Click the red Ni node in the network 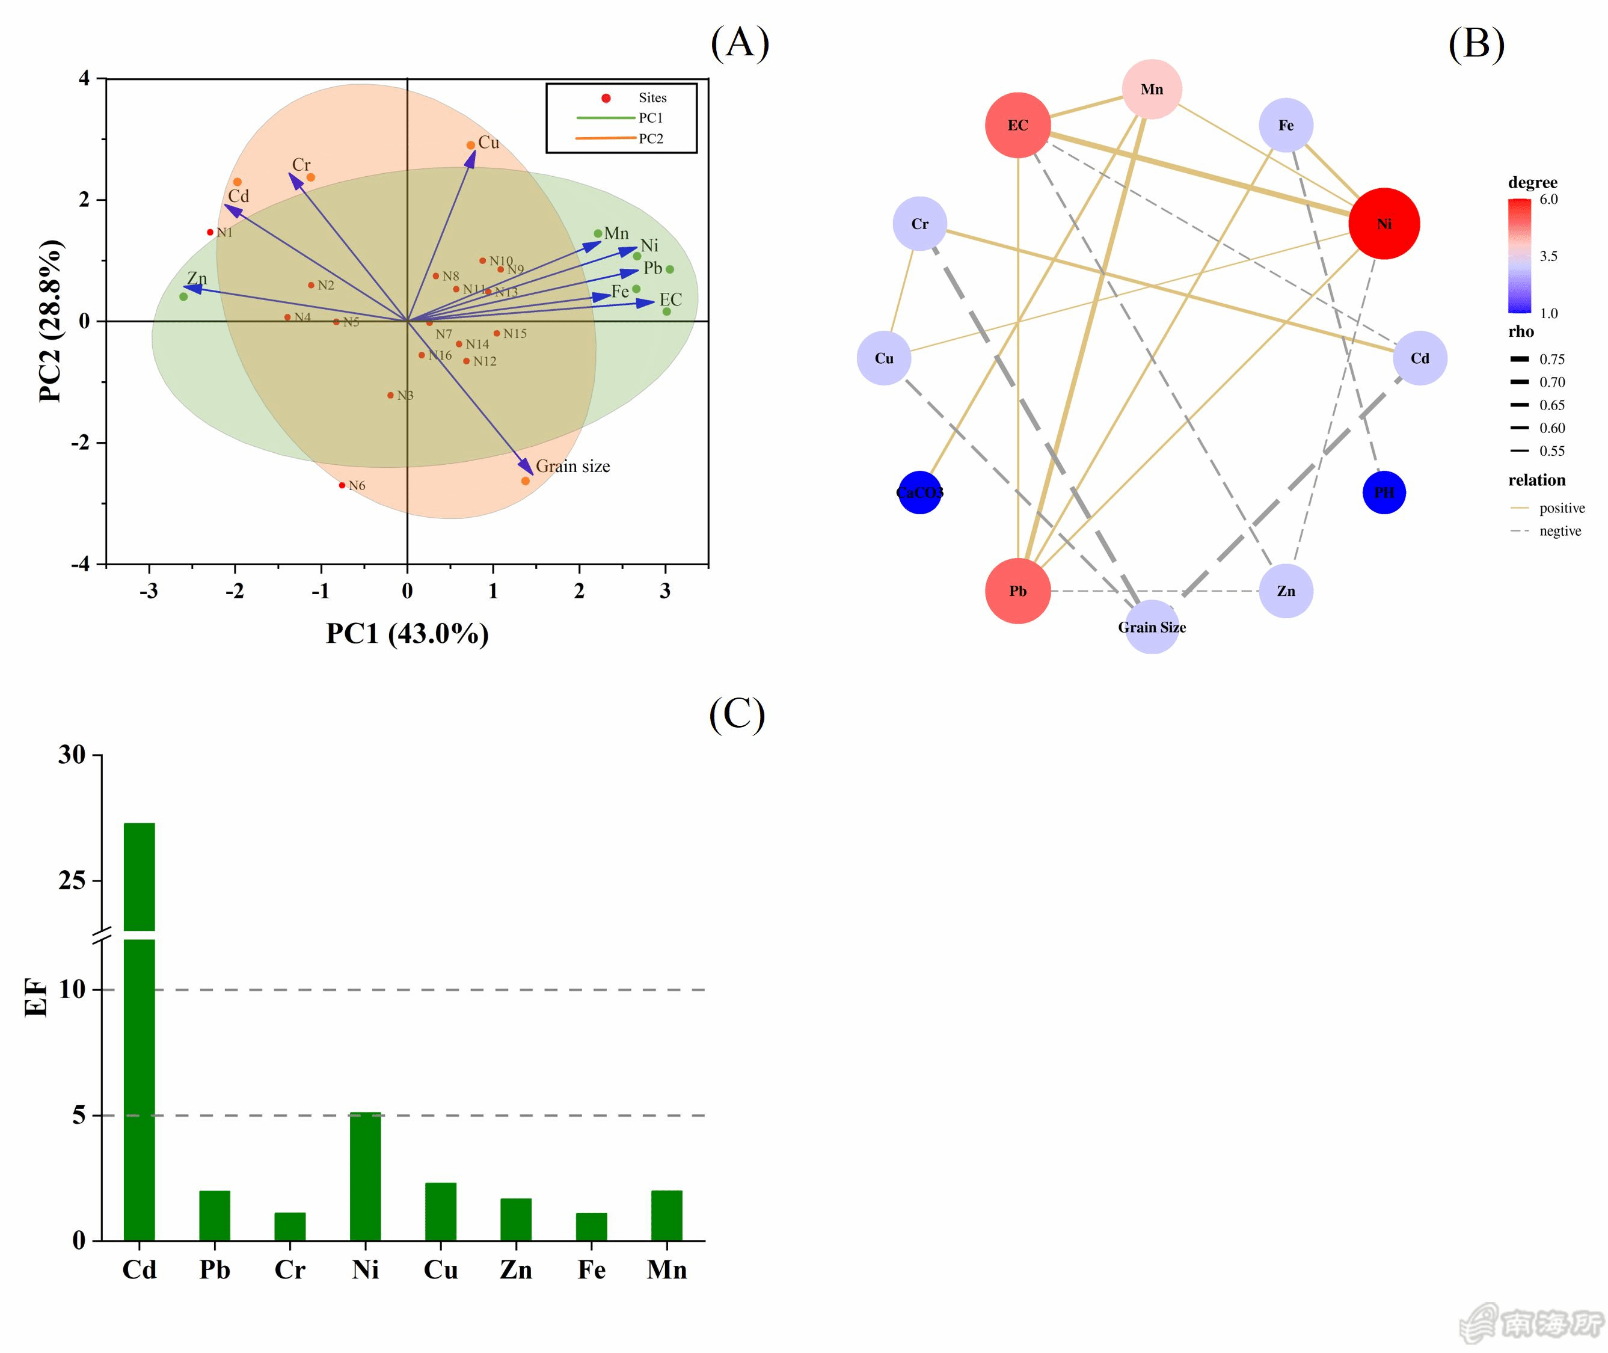click(1383, 224)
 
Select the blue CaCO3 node click(919, 492)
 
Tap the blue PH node click(1383, 492)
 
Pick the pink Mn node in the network click(1151, 89)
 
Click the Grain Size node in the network click(1151, 627)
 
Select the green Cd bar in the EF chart click(140, 1074)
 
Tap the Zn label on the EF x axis click(516, 1270)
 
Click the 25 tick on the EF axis click(72, 880)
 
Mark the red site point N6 click(342, 485)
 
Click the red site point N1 click(210, 232)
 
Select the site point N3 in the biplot click(390, 396)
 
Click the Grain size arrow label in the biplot click(573, 467)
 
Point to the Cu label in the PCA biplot click(488, 143)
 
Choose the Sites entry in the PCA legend click(652, 97)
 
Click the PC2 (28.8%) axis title click(51, 321)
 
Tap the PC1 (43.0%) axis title click(407, 634)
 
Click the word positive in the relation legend click(1561, 508)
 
